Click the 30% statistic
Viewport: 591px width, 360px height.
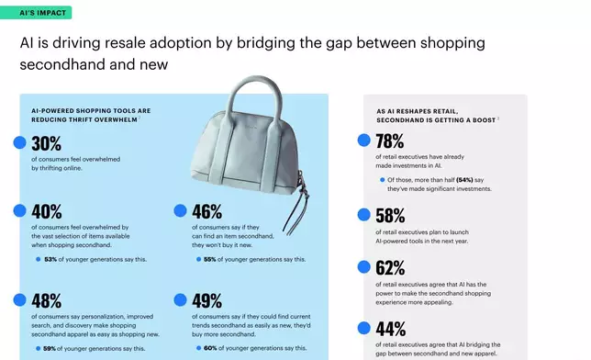46,143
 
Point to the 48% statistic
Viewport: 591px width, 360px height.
46,300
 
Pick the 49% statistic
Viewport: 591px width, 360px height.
206,300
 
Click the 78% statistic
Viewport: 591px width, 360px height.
390,141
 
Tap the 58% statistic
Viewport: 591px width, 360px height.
390,216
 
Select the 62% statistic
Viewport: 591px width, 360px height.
390,268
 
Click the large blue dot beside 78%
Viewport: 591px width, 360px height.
363,141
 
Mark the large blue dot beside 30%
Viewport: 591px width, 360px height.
19,142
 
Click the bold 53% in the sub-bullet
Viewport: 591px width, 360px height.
51,259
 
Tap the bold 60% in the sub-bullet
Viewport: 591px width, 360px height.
210,349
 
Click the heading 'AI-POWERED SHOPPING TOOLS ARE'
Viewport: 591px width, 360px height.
90,111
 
